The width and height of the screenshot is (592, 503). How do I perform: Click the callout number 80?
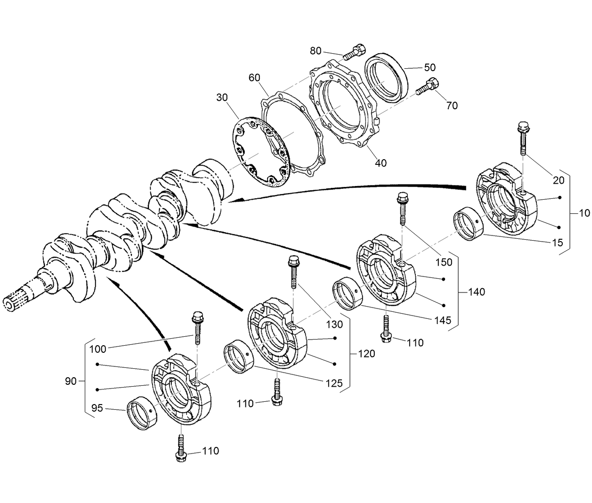[x=316, y=50]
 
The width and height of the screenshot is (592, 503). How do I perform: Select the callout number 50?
[x=430, y=67]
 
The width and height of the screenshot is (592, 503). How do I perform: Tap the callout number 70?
[x=451, y=106]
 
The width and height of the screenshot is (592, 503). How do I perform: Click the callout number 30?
[x=222, y=97]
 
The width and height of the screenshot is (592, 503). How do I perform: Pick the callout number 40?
[x=381, y=163]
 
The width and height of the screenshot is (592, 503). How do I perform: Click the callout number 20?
[x=558, y=180]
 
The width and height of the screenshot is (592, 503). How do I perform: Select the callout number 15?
[x=557, y=243]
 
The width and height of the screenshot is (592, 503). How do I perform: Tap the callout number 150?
[x=443, y=262]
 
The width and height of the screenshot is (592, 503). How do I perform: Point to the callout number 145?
[x=442, y=320]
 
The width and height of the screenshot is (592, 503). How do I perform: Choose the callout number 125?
[x=333, y=383]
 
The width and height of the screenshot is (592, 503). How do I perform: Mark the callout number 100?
[x=97, y=349]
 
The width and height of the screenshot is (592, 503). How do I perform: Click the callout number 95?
[x=97, y=408]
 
